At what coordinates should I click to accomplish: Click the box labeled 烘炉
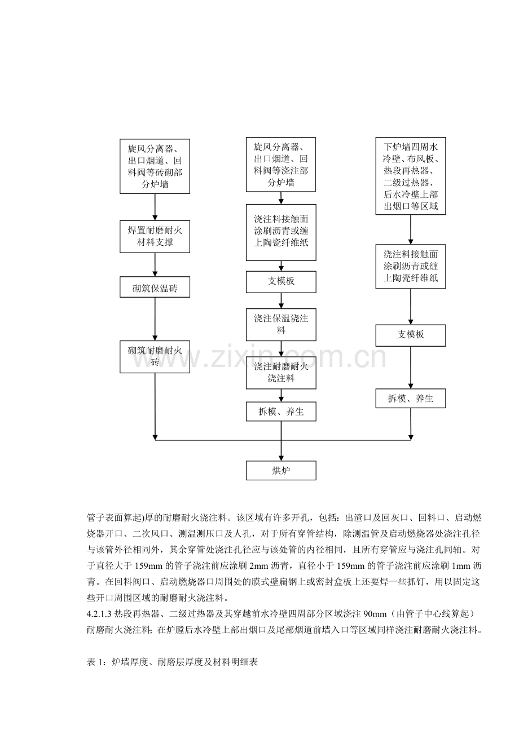[x=281, y=470]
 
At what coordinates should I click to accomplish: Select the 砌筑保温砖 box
[x=155, y=287]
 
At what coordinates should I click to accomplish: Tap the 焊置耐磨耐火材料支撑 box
[x=155, y=237]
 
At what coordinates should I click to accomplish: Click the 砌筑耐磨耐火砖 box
[x=155, y=357]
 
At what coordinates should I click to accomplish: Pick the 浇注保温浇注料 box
[x=281, y=324]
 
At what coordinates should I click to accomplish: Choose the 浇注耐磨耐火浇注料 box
[x=281, y=373]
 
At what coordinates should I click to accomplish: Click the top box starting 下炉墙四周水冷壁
[x=411, y=176]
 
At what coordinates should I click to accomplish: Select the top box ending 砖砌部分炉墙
[x=155, y=166]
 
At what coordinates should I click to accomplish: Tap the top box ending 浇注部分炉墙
[x=281, y=165]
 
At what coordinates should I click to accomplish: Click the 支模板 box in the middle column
[x=281, y=282]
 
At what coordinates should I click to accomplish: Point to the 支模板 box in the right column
[x=411, y=335]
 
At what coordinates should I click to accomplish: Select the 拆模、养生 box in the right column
[x=411, y=399]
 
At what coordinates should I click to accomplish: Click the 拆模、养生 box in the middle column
[x=281, y=411]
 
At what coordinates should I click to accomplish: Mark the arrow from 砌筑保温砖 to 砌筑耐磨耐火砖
[x=155, y=319]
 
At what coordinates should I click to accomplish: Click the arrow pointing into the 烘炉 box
[x=281, y=441]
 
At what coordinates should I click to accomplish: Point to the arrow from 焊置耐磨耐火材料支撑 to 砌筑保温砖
[x=155, y=265]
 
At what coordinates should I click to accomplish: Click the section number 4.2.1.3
[x=99, y=614]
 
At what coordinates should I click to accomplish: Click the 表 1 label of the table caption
[x=95, y=662]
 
